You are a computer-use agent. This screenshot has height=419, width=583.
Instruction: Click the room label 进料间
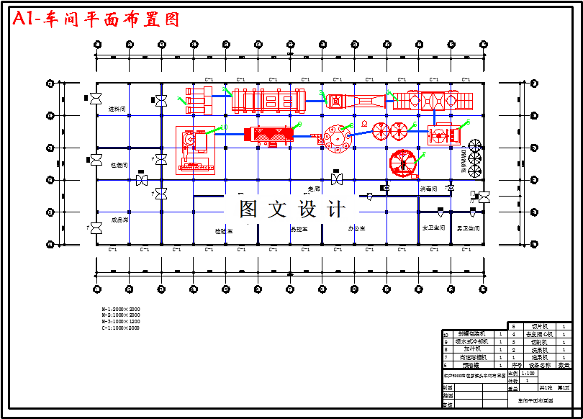tap(117, 109)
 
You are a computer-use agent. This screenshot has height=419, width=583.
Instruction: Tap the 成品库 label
tap(119, 220)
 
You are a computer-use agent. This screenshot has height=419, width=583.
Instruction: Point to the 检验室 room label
tap(224, 231)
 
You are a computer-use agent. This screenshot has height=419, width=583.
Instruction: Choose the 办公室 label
tap(356, 228)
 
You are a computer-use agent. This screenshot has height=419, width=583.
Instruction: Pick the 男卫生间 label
tap(468, 228)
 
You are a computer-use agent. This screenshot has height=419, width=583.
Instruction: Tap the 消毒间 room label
tap(428, 189)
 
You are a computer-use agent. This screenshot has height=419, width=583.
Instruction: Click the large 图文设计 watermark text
tap(291, 209)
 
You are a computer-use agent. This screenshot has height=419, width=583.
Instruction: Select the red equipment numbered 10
tap(195, 150)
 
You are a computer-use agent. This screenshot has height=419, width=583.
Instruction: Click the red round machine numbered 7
tap(404, 163)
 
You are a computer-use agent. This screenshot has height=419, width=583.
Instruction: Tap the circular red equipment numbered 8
tap(335, 136)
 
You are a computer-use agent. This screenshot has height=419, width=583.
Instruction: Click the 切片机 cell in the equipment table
tap(539, 326)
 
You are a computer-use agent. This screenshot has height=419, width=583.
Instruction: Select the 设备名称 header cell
tap(539, 365)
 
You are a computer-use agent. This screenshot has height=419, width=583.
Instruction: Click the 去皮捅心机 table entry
tap(539, 334)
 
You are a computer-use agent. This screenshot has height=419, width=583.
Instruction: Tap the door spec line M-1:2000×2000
tap(121, 310)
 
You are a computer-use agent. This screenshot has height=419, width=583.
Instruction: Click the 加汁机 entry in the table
tap(473, 349)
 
